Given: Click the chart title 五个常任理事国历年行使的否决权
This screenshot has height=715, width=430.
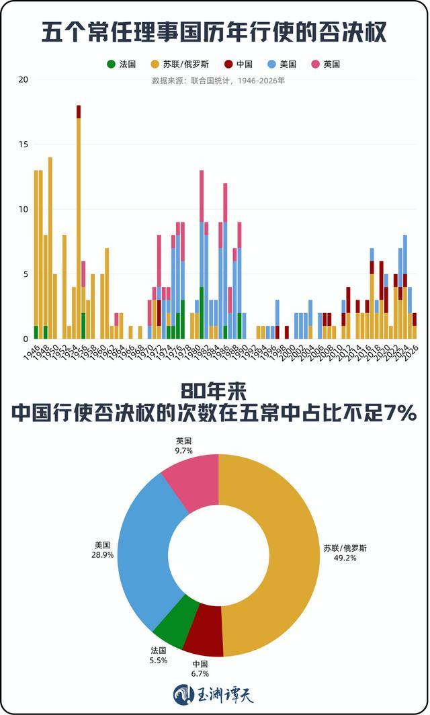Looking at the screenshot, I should [214, 32].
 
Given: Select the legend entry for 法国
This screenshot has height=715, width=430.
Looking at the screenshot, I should [122, 65].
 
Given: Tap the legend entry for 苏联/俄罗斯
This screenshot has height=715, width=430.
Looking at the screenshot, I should [179, 65].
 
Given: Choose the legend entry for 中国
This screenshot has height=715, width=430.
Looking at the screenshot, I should [239, 65].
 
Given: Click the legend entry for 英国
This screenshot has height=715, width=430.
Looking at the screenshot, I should [326, 65].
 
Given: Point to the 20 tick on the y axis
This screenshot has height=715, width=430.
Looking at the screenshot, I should [24, 80].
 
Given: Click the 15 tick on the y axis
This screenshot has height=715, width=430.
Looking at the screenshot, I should [24, 144].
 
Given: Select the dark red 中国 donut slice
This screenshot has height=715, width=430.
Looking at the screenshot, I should [204, 638].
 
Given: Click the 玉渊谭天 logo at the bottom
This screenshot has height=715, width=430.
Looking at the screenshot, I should [214, 694].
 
